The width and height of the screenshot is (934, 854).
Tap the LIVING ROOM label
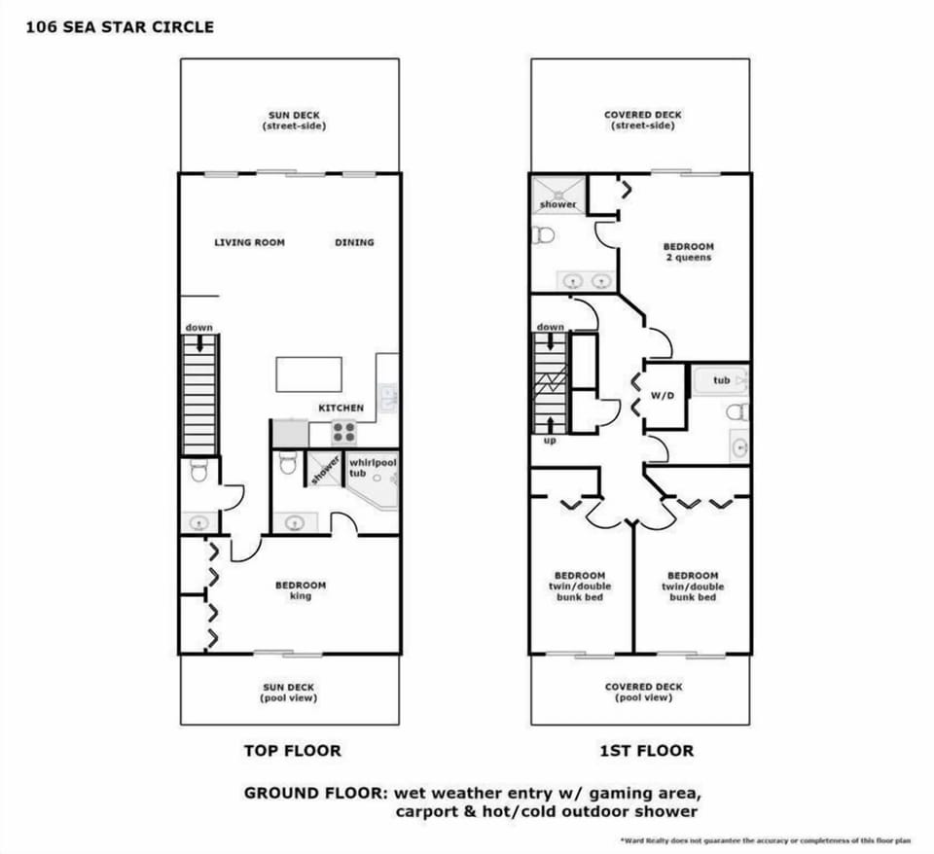click(250, 242)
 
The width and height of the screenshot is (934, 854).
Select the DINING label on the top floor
click(354, 242)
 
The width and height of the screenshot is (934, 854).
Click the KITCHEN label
click(341, 409)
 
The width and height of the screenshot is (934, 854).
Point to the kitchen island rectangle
click(309, 374)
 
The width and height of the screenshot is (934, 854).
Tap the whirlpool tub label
click(373, 467)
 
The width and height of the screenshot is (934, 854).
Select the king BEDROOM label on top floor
click(301, 590)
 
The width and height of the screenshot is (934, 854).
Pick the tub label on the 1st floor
click(721, 380)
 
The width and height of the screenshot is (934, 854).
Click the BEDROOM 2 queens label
click(688, 252)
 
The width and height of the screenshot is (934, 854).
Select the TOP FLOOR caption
click(292, 751)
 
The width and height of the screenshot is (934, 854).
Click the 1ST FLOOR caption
click(646, 751)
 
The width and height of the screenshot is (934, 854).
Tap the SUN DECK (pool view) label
click(289, 693)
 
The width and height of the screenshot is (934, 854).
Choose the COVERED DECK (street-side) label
click(642, 120)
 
